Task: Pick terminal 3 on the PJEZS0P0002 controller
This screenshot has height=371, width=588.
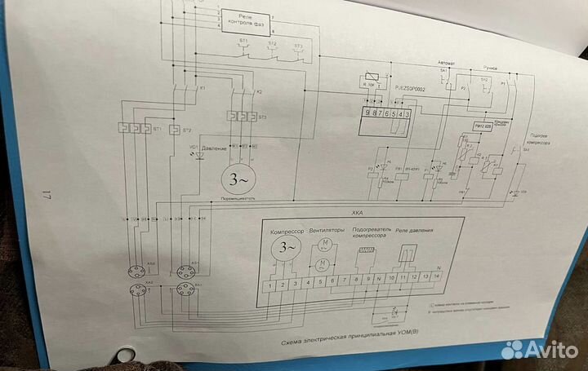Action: click(406, 113)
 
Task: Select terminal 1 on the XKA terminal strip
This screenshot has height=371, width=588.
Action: click(266, 286)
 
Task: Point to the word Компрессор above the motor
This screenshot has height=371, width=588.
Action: click(286, 231)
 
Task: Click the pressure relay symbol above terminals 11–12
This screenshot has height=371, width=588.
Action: click(406, 254)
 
